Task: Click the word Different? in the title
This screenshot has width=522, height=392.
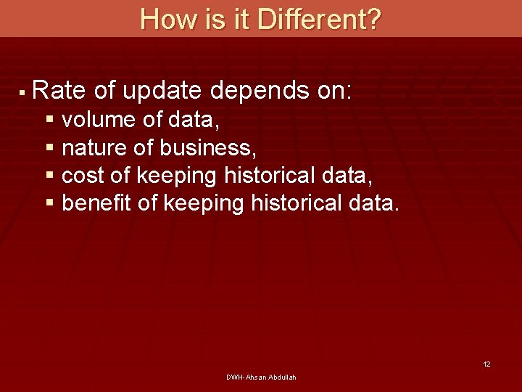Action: (x=318, y=19)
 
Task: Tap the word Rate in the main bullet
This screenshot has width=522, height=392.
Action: (x=59, y=91)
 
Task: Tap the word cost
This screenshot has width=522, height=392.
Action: (x=81, y=176)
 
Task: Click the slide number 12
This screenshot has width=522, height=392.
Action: (x=486, y=364)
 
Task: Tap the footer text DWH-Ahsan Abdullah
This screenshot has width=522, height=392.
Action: (x=261, y=377)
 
